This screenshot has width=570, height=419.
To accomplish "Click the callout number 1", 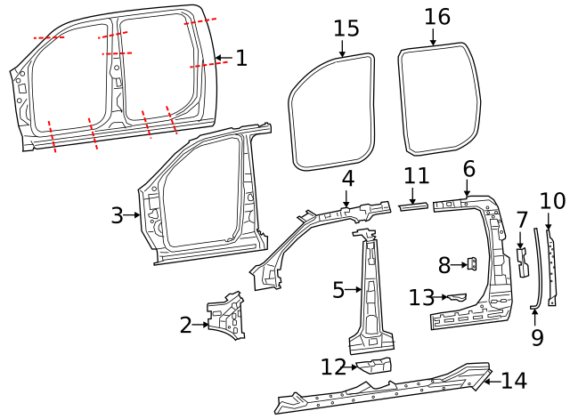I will tap(240, 59).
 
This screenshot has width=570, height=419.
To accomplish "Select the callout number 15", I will tap(346, 28).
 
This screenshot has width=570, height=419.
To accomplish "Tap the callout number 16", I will tap(437, 16).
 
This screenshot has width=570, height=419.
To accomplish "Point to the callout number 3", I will tap(117, 215).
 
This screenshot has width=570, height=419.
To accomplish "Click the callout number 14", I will tap(514, 381).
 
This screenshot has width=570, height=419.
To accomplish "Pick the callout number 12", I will tap(333, 367).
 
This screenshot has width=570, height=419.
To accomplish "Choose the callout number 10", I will tap(552, 200).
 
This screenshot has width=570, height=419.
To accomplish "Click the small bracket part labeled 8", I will tap(474, 263).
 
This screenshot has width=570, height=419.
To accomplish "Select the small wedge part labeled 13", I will tap(457, 295).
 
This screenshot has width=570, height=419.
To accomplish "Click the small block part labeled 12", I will tap(374, 365).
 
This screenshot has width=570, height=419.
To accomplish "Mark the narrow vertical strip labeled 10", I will tap(551, 267).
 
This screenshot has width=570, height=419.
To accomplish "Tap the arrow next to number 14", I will tap(490, 381).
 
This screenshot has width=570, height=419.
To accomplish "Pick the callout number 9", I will tap(536, 337).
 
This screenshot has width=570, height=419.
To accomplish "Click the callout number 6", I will tap(468, 169).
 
